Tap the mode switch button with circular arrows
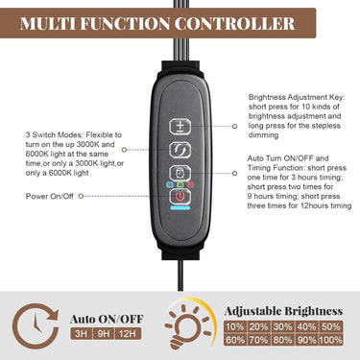(180, 150)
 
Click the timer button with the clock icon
(180, 174)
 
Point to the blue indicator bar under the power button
(180, 208)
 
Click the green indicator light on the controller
(180, 185)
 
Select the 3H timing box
(81, 334)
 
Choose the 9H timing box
(104, 334)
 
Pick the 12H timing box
(129, 334)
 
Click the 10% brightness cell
(235, 326)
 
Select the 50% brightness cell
(331, 326)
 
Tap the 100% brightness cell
(331, 340)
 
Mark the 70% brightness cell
(258, 340)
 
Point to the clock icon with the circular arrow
(36, 325)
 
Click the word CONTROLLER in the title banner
(234, 24)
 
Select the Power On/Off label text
(50, 196)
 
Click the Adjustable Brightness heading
(283, 311)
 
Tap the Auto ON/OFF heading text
(107, 319)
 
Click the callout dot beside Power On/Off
(81, 196)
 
